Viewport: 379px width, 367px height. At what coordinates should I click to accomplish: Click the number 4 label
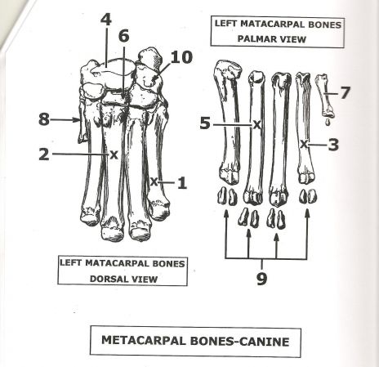pos(106,20)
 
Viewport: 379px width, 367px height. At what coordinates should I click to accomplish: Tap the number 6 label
pos(124,36)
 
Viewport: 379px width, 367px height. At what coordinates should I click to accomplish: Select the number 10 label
pos(181,57)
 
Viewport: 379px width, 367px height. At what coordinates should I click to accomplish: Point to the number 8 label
pos(44,119)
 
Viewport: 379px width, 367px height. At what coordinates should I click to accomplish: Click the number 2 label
pos(44,154)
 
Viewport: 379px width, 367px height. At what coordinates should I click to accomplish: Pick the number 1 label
pos(182,182)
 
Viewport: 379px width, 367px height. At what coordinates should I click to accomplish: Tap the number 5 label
pos(205,123)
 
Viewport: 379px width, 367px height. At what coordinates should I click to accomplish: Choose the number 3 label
pos(333,145)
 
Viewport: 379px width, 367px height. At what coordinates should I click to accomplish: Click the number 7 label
pos(345,92)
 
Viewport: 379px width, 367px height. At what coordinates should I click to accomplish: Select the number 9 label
pos(261,279)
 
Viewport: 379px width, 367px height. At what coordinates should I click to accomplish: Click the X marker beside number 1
pos(154,181)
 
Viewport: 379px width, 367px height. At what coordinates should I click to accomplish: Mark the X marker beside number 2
pos(114,154)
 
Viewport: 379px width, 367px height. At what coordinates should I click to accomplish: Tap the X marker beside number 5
pos(256,125)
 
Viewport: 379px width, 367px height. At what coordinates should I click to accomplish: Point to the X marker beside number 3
pos(305,144)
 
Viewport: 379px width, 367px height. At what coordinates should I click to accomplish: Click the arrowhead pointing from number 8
pos(77,119)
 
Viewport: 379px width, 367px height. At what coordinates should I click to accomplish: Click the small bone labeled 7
pos(325,96)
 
